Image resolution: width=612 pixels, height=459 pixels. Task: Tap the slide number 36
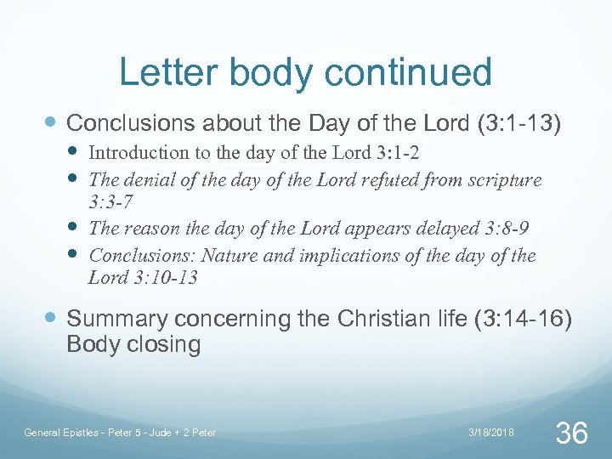click(x=570, y=433)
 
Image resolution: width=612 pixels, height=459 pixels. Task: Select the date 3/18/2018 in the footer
click(x=491, y=433)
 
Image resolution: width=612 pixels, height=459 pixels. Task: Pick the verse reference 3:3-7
click(x=112, y=204)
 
